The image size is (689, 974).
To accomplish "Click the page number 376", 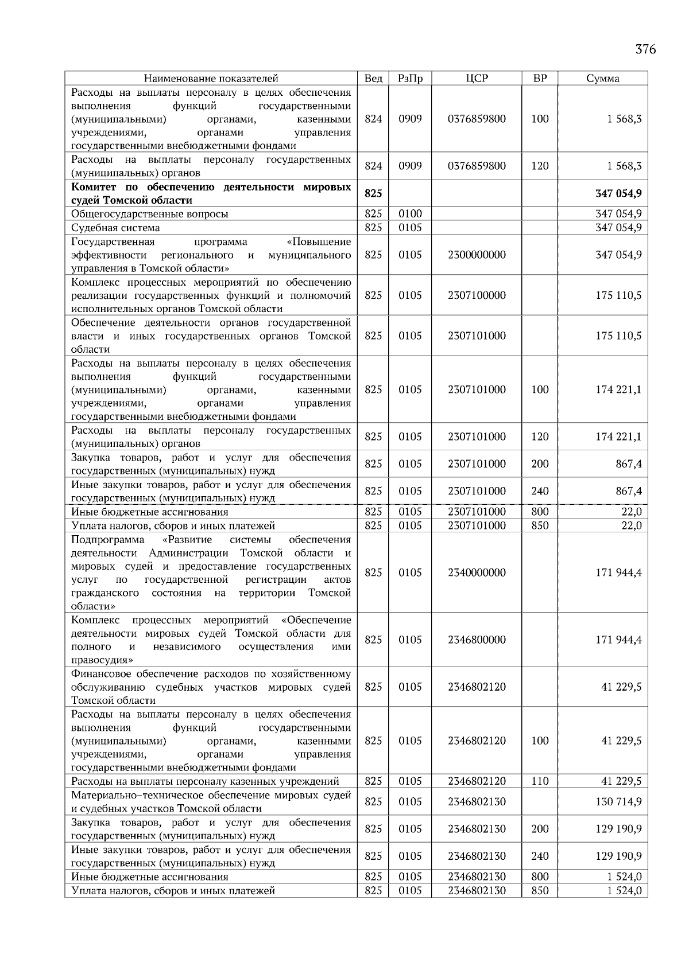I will pyautogui.click(x=645, y=49).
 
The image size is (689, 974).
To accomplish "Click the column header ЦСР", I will pyautogui.click(x=477, y=79).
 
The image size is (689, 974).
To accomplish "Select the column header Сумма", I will pyautogui.click(x=602, y=79).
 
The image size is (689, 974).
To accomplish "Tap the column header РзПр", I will pyautogui.click(x=410, y=79).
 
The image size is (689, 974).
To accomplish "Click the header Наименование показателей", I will pyautogui.click(x=211, y=79).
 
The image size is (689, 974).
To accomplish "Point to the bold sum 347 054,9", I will pyautogui.click(x=618, y=194).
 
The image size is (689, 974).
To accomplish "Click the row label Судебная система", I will pyautogui.click(x=115, y=228).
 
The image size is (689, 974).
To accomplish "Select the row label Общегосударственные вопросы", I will pyautogui.click(x=149, y=214).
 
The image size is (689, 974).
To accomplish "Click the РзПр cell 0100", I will pyautogui.click(x=410, y=214).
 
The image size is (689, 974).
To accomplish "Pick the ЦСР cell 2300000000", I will pyautogui.click(x=477, y=255).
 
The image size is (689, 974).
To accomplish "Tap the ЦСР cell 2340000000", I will pyautogui.click(x=477, y=572).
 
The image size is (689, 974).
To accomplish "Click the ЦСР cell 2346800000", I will pyautogui.click(x=477, y=640).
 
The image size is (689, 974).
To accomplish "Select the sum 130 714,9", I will pyautogui.click(x=618, y=802).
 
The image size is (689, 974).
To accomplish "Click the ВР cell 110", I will pyautogui.click(x=540, y=781).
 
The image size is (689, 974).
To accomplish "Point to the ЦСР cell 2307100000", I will pyautogui.click(x=477, y=295).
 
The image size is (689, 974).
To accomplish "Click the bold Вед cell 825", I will pyautogui.click(x=373, y=194).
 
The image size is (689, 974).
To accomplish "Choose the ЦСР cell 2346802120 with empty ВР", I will pyautogui.click(x=477, y=687).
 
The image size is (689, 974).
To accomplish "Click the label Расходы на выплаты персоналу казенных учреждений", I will pyautogui.click(x=205, y=781).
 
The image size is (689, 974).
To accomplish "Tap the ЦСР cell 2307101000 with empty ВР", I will pyautogui.click(x=477, y=336).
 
